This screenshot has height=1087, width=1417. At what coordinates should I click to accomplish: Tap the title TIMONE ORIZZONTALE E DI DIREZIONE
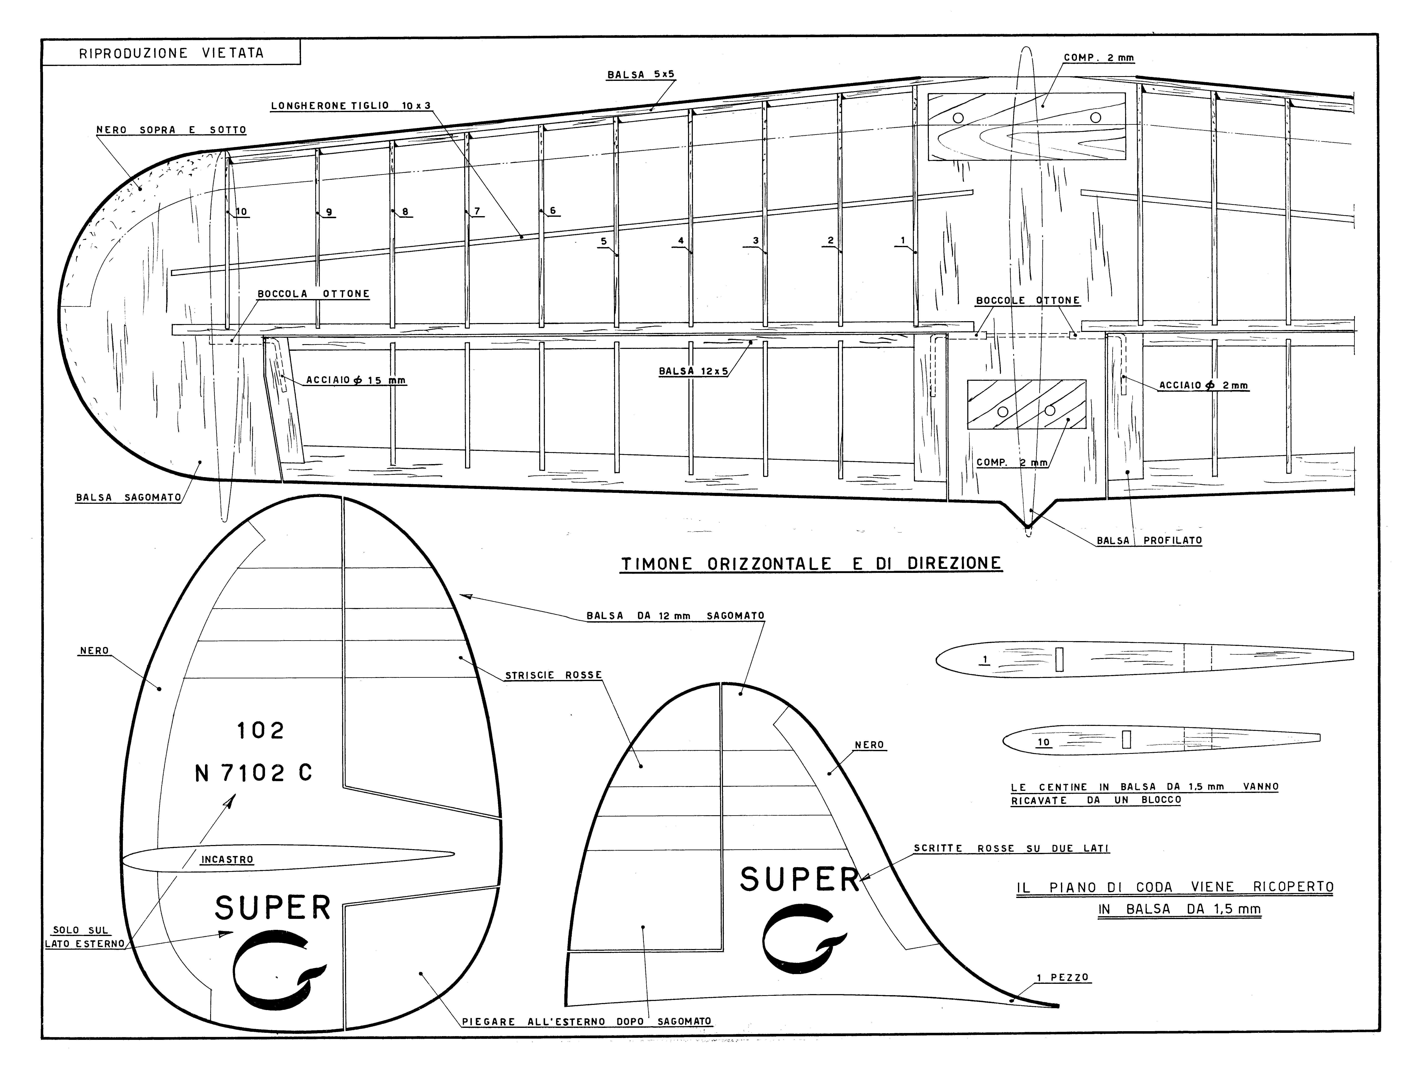811,564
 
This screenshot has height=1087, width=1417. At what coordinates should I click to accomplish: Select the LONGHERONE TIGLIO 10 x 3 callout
350,105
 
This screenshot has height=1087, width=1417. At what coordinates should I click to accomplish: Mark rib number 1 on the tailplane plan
903,240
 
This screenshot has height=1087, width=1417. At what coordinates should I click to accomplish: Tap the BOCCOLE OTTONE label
1027,300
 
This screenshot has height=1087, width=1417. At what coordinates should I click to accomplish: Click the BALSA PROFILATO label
1149,540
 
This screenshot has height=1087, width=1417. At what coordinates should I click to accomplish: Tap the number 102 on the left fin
260,730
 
